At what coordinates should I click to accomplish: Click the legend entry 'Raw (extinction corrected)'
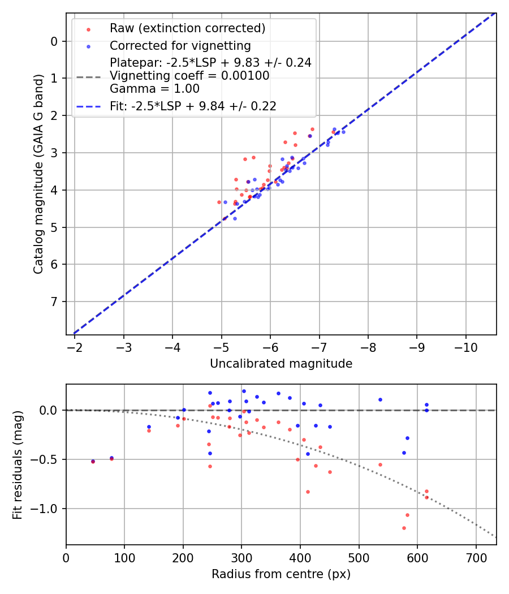coord(187,28)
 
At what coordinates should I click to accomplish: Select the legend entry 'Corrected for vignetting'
coord(180,45)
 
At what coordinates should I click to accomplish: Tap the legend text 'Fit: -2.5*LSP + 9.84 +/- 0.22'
coord(193,106)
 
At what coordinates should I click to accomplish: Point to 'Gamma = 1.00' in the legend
coord(154,89)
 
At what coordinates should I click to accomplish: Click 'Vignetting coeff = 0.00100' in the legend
coord(189,76)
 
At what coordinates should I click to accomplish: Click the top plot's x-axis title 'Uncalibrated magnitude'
coord(281,364)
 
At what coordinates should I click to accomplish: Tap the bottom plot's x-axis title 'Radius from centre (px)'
coord(281,574)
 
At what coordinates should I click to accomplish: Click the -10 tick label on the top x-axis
coord(465,346)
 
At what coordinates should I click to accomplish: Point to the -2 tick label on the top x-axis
coord(74,346)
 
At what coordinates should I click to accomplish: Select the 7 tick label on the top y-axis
coord(54,302)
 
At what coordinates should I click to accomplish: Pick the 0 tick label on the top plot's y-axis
coord(54,41)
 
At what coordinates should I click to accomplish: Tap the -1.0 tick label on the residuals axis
coord(46,509)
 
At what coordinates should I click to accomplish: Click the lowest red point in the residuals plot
coord(404,528)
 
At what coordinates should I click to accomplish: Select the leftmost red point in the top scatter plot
coord(219,202)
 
